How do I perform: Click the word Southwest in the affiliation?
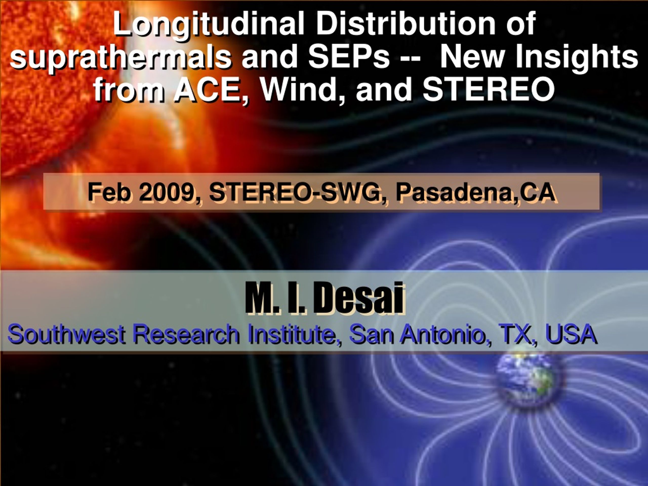click(x=67, y=334)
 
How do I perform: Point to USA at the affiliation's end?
click(x=570, y=334)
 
